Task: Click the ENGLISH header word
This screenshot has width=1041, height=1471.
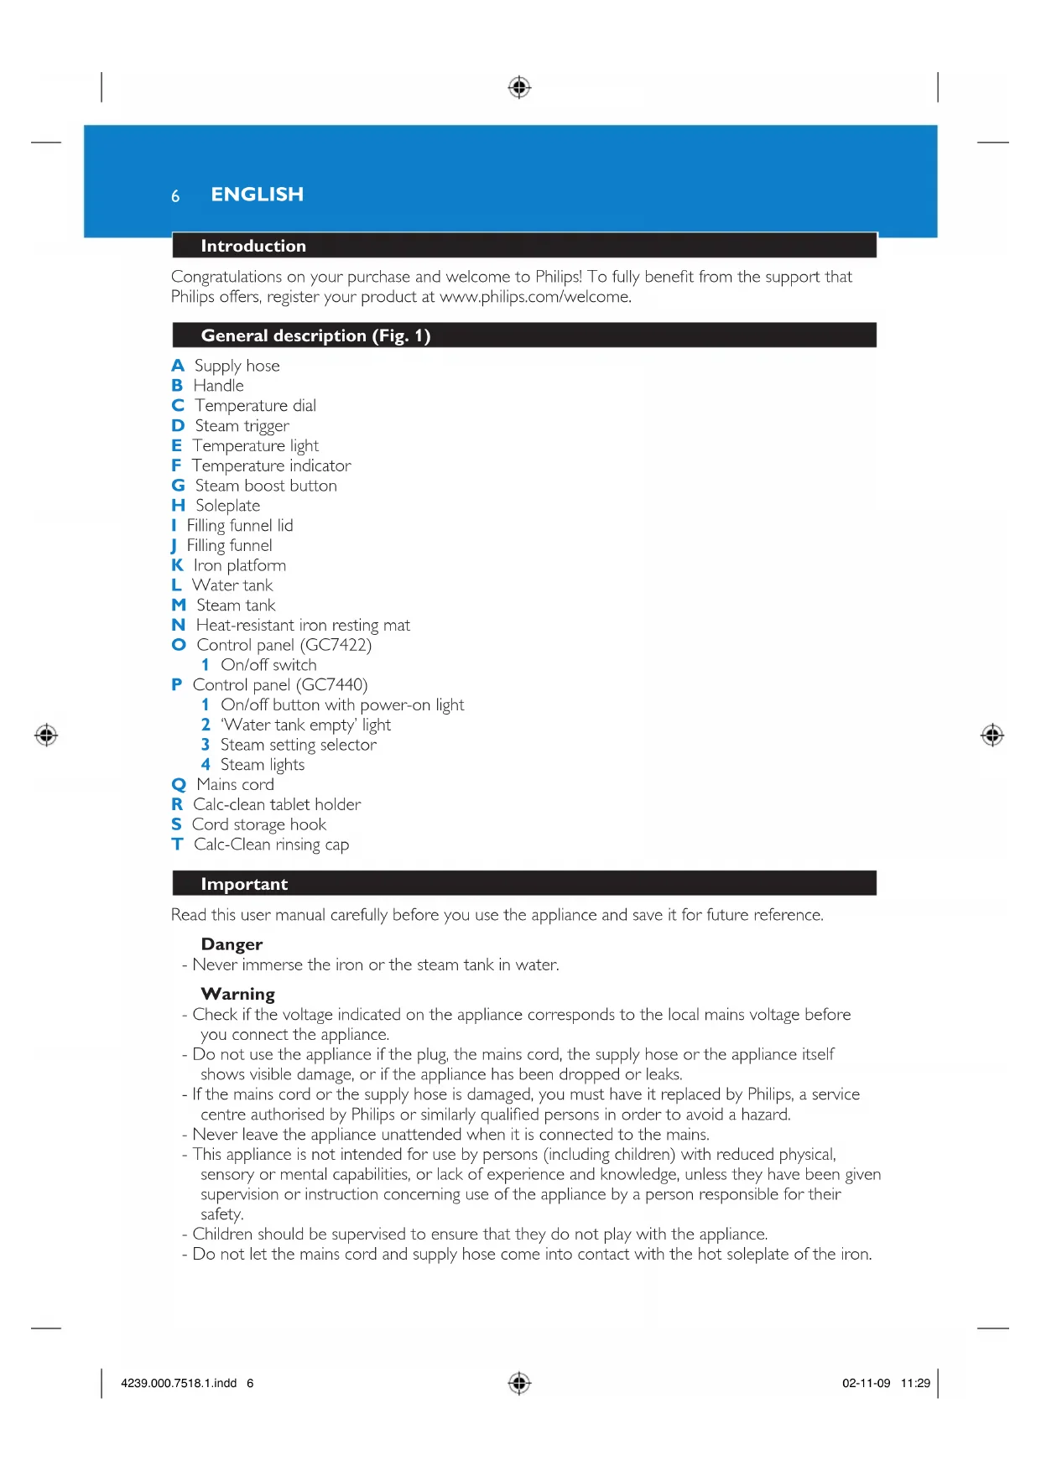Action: (x=257, y=195)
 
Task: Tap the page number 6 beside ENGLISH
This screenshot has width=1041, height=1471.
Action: (x=175, y=196)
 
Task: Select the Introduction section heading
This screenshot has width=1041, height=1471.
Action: (x=253, y=246)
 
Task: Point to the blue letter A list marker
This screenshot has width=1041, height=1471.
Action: (x=178, y=366)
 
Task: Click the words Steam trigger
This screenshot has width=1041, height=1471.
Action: (x=242, y=426)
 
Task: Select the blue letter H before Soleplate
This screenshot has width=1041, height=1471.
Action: (x=178, y=506)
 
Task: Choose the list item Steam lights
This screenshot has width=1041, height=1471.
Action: (x=262, y=765)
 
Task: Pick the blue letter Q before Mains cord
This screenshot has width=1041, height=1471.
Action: (x=179, y=785)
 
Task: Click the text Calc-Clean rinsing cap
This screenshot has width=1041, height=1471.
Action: (x=271, y=845)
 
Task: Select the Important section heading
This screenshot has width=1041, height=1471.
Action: (x=244, y=884)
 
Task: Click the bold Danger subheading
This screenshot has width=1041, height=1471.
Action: (x=232, y=944)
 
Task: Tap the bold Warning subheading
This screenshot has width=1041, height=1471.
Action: (x=237, y=994)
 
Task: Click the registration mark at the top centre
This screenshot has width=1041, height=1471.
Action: (x=519, y=86)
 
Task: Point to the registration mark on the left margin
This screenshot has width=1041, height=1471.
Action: (x=46, y=735)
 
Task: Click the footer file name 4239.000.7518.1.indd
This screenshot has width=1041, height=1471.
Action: (x=179, y=1383)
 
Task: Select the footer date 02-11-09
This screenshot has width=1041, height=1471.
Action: (x=866, y=1383)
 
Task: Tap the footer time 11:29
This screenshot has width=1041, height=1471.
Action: (x=915, y=1383)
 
